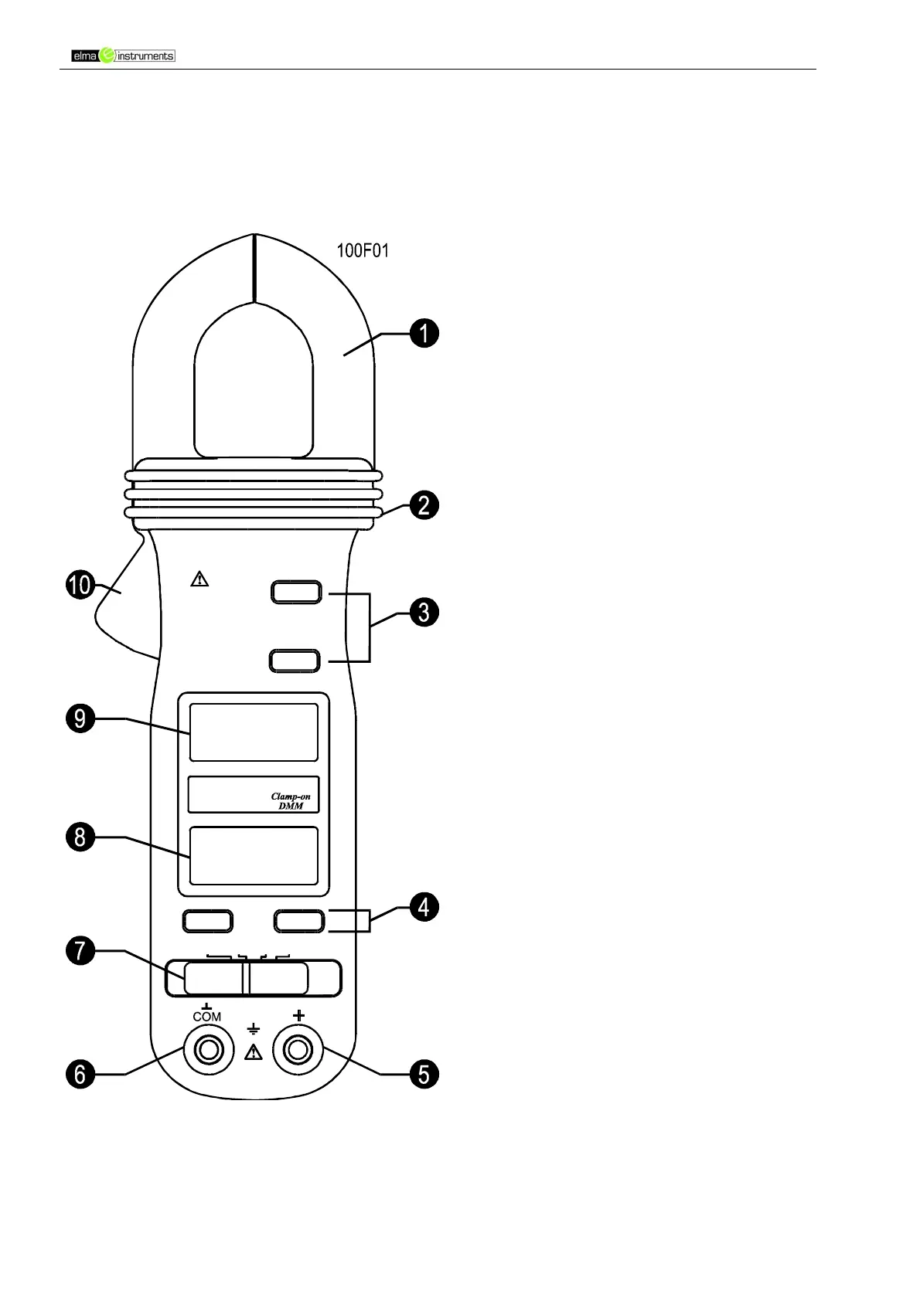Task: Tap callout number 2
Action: click(424, 506)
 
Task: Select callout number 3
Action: click(424, 613)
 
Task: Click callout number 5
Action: click(424, 1074)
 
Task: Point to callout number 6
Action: click(80, 1074)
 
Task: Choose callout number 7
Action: click(80, 951)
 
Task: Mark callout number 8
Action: click(80, 837)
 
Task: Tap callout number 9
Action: click(80, 719)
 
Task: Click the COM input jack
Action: click(207, 1051)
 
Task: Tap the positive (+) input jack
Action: click(298, 1051)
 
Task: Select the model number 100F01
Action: click(363, 250)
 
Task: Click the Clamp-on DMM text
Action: click(291, 801)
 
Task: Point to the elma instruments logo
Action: click(123, 56)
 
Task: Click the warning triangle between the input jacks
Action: click(254, 1051)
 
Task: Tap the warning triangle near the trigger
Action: click(199, 578)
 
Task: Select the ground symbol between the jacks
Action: click(254, 1029)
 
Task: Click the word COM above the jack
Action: click(207, 1017)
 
